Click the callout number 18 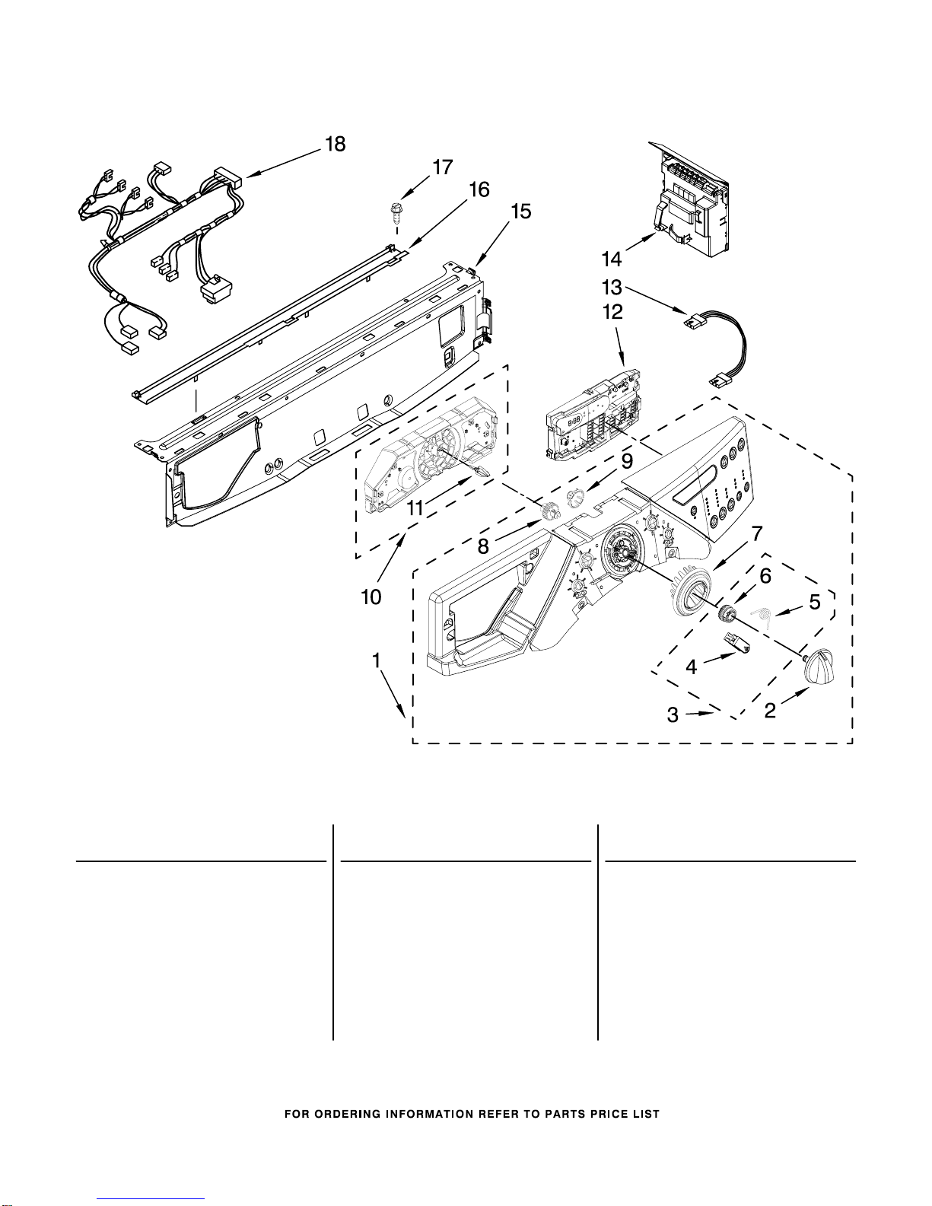[x=335, y=145]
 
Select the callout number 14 [x=612, y=259]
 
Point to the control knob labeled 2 [x=819, y=670]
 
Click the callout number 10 [x=371, y=597]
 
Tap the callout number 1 [x=377, y=661]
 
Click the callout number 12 [x=613, y=312]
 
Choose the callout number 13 [x=612, y=288]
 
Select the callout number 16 [x=479, y=189]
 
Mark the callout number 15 [x=521, y=212]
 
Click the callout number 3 [x=673, y=714]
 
